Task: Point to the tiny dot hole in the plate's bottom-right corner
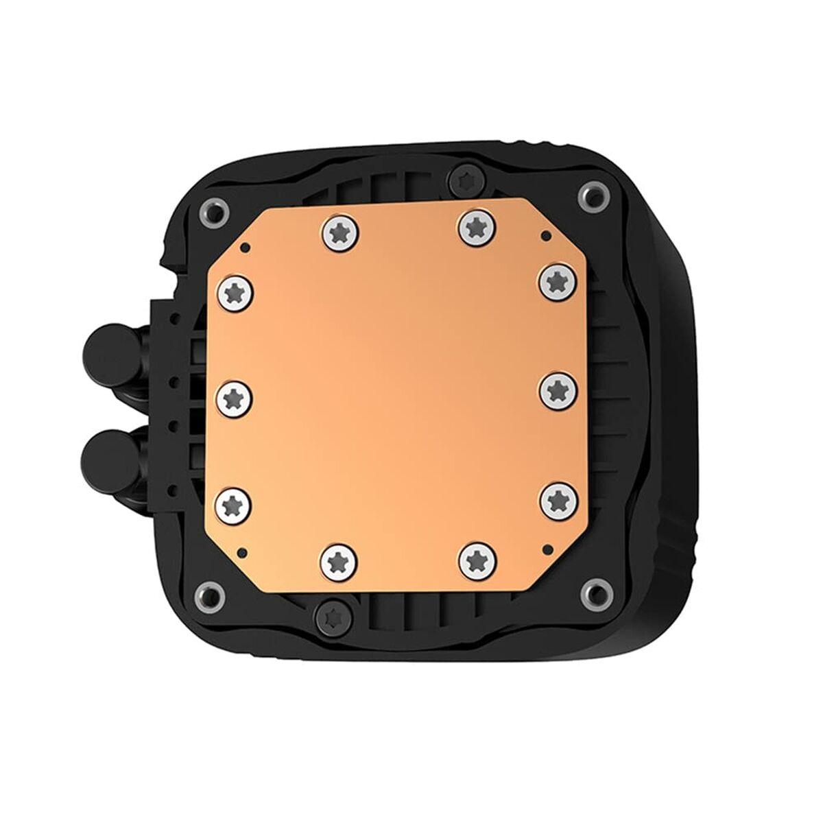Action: [546, 548]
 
